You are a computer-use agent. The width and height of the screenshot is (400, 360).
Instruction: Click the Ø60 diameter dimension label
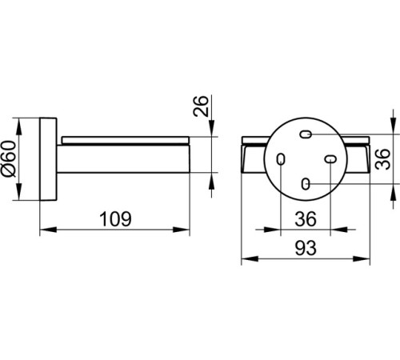point(9,159)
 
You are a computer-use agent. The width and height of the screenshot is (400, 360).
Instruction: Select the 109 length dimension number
point(115,219)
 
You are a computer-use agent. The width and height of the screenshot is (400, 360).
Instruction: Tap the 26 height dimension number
point(201,106)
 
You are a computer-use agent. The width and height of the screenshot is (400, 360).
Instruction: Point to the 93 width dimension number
point(306,248)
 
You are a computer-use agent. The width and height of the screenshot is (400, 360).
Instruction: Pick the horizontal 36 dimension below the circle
point(306,219)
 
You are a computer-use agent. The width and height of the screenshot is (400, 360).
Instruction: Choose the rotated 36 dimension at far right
point(382,159)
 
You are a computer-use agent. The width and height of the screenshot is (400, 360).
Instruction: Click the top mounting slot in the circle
point(306,134)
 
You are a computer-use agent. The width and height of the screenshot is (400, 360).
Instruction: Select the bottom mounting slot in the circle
point(306,184)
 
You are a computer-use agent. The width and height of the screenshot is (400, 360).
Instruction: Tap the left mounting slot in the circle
point(281,159)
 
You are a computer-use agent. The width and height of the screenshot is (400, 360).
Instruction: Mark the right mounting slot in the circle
point(330,159)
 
